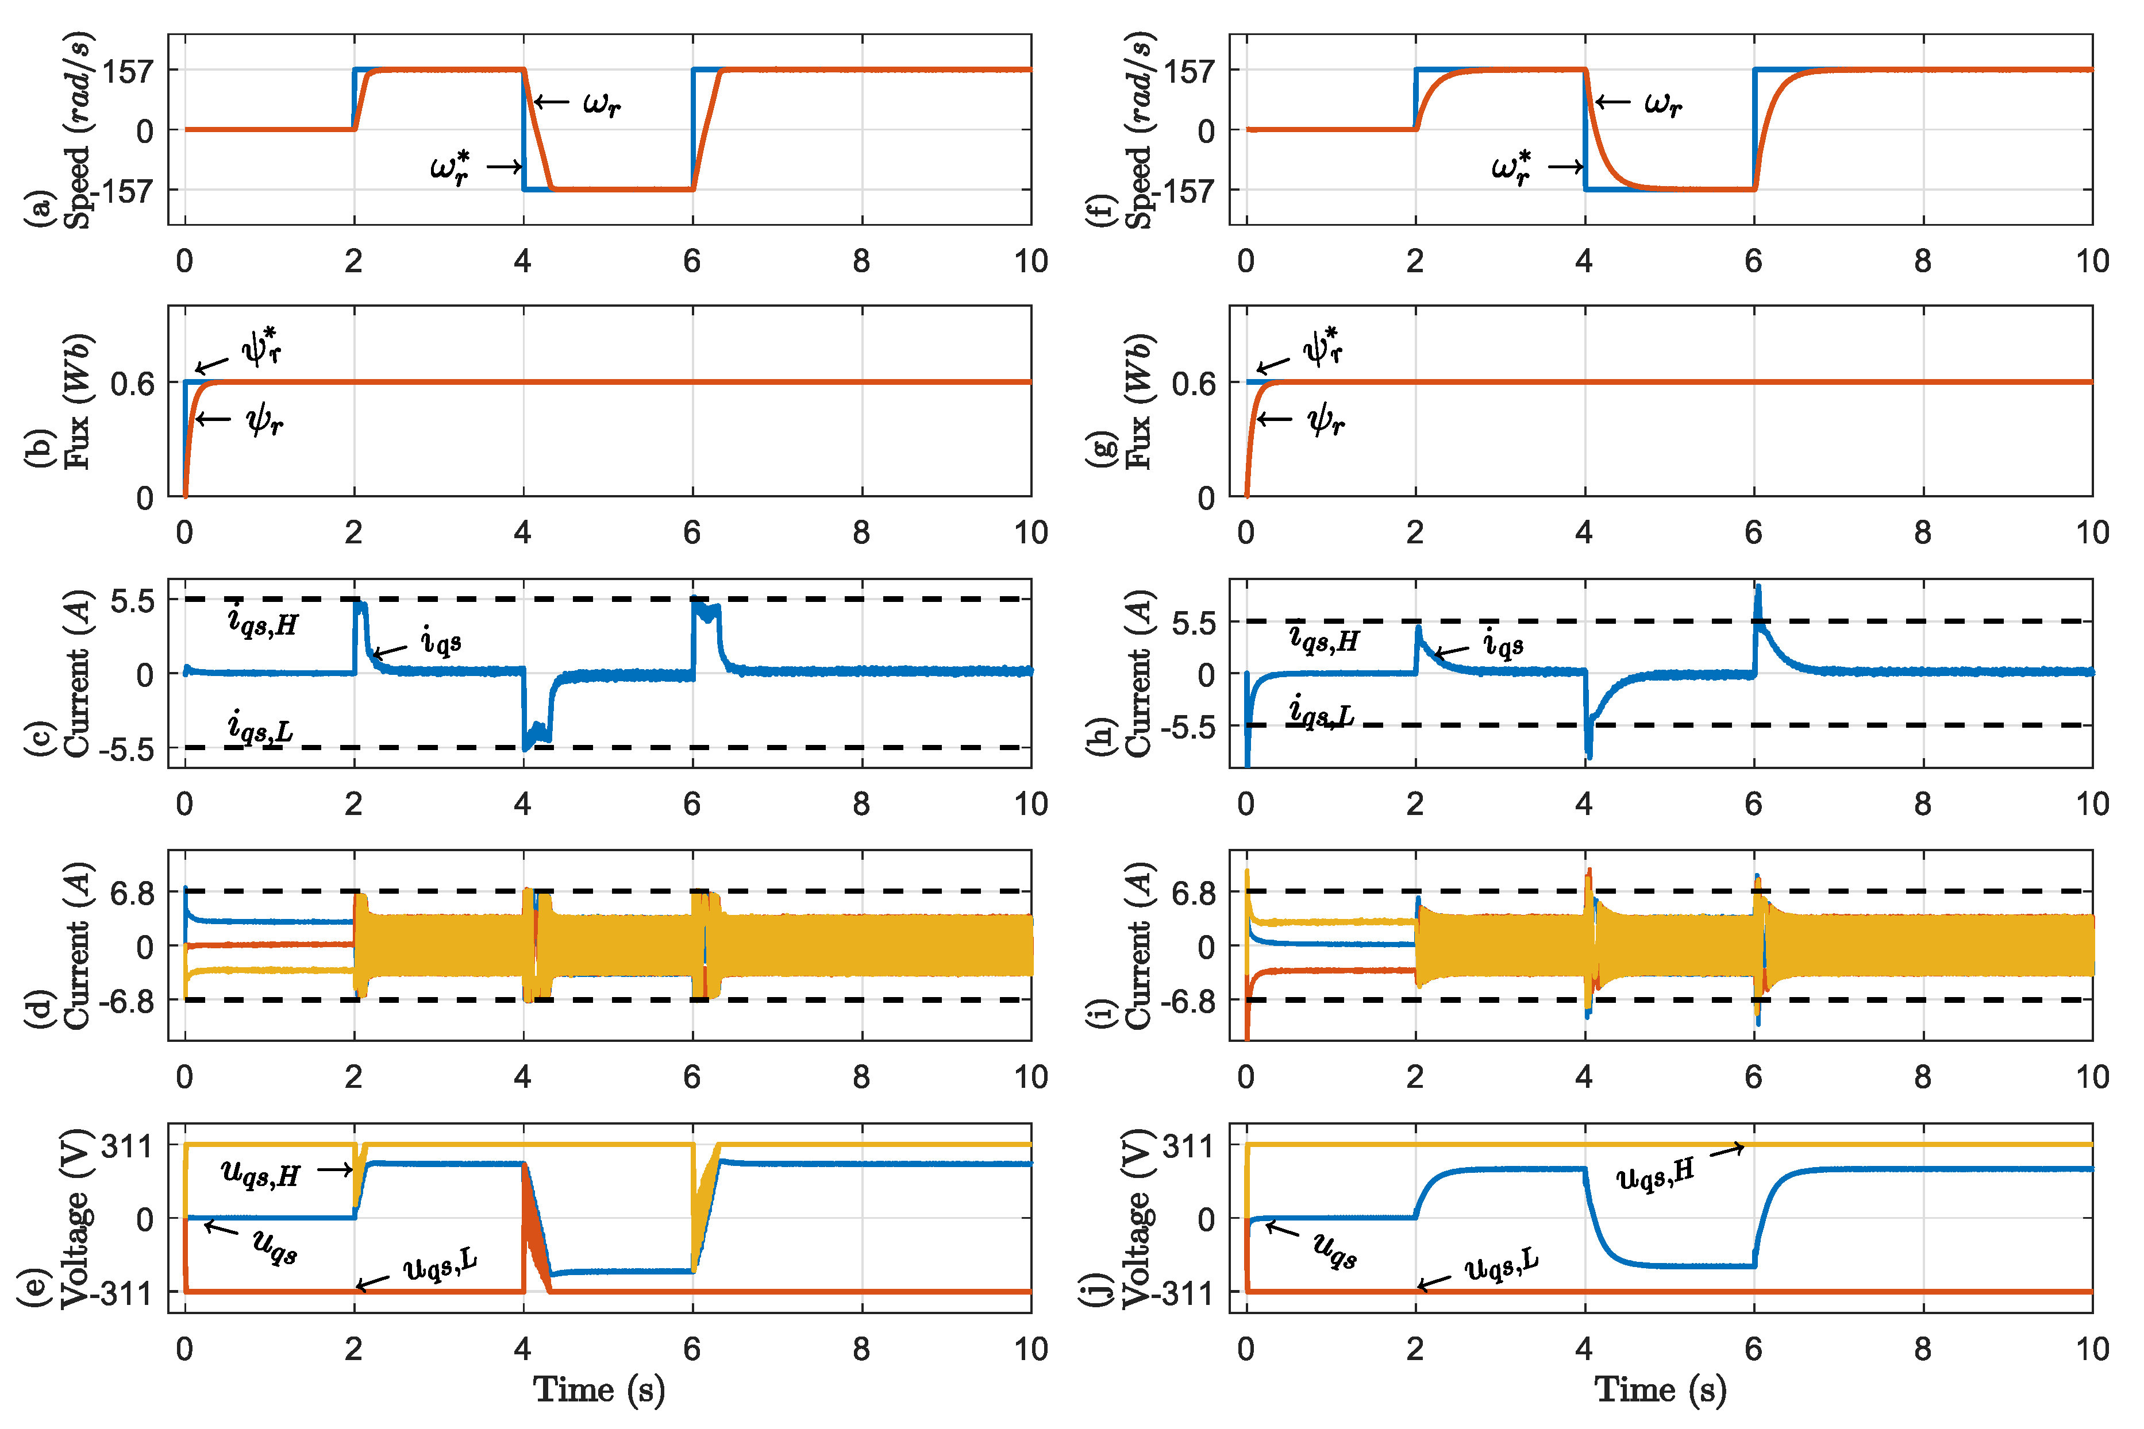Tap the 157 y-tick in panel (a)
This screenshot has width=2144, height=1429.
[128, 70]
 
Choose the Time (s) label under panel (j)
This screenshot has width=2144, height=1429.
[1660, 1390]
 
